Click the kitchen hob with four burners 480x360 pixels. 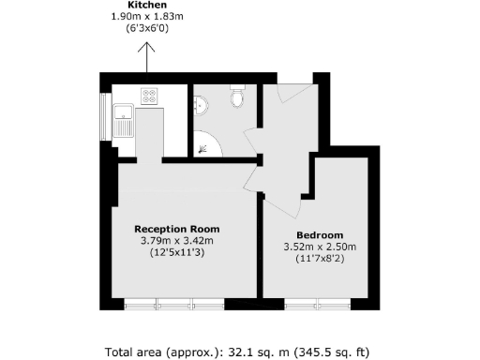[x=149, y=95]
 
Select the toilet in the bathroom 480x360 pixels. [x=238, y=97]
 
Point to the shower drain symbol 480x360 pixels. [x=204, y=145]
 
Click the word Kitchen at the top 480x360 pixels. [x=147, y=5]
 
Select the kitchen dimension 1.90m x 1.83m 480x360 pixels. [x=147, y=17]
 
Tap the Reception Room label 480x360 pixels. [x=177, y=229]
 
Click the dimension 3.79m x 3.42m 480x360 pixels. [x=177, y=240]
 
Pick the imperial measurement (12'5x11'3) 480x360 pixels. [x=177, y=252]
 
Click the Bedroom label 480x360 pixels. [x=320, y=234]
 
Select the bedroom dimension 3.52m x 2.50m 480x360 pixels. [x=320, y=247]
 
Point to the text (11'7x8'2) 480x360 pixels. [x=320, y=259]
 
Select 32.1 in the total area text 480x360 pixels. [x=239, y=353]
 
